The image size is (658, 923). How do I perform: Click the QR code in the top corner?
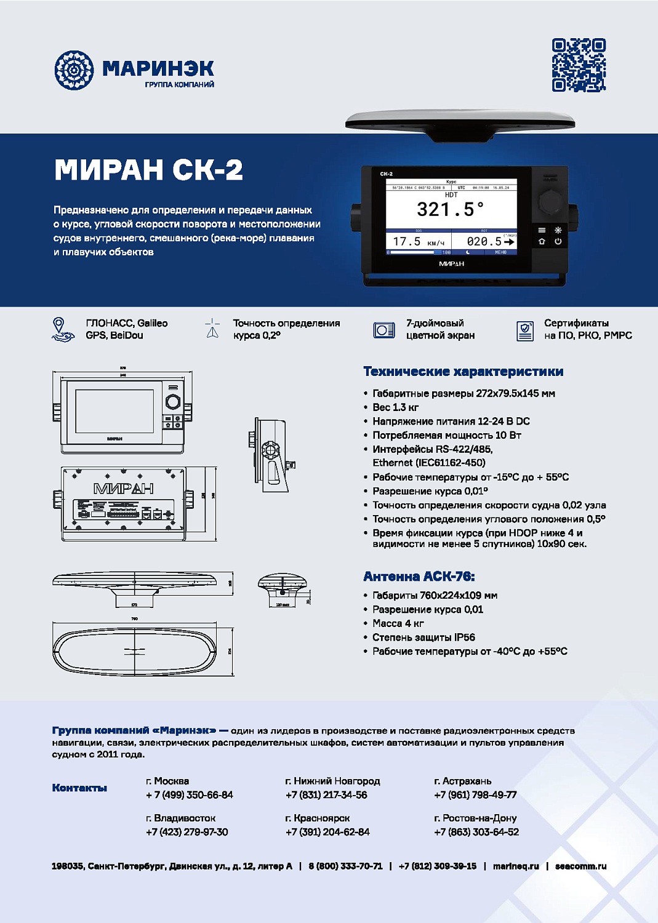click(x=579, y=65)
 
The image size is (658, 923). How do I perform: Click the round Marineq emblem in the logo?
click(x=74, y=70)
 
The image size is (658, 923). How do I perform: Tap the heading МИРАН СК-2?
click(x=148, y=170)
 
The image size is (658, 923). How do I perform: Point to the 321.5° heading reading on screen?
click(x=451, y=210)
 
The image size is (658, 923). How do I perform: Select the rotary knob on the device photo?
click(x=550, y=201)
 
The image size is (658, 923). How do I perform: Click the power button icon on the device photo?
click(x=558, y=241)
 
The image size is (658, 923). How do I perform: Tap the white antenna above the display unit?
click(x=460, y=123)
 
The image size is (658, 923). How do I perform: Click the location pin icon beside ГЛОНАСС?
click(x=59, y=329)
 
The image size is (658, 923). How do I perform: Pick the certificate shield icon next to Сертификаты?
click(x=524, y=330)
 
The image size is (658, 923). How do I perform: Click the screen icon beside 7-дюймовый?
click(x=384, y=330)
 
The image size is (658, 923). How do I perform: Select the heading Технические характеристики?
click(x=463, y=372)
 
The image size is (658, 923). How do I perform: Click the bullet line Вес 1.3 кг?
click(x=395, y=407)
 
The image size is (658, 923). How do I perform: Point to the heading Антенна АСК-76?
click(x=419, y=577)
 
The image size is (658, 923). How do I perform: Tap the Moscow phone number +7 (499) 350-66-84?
click(x=190, y=795)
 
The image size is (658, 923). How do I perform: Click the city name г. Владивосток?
click(x=181, y=818)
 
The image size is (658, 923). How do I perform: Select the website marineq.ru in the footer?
click(x=516, y=866)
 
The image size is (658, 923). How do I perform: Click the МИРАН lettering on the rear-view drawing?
click(x=123, y=489)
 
